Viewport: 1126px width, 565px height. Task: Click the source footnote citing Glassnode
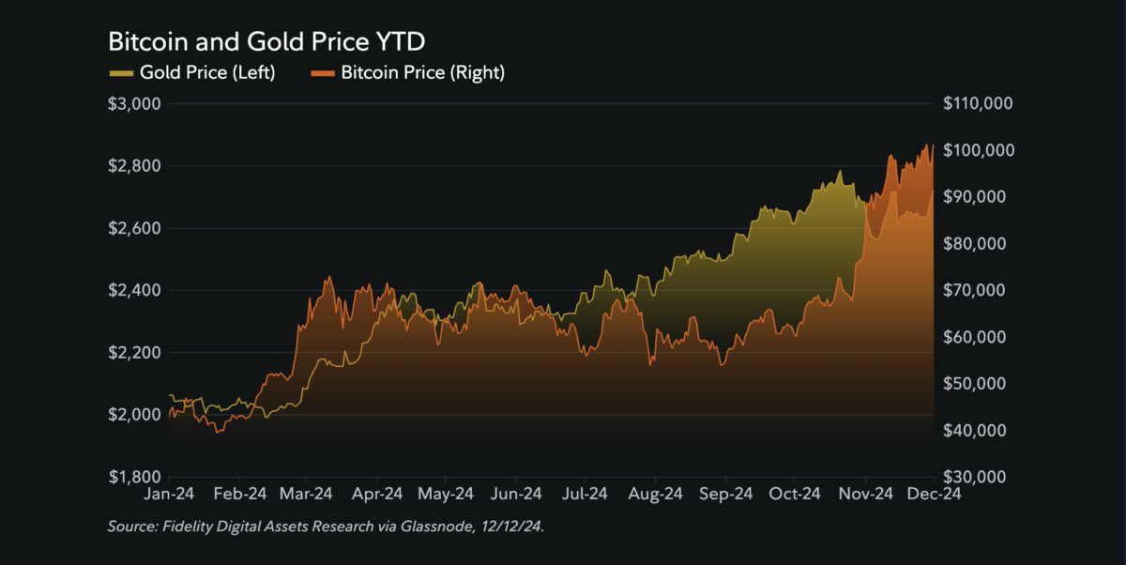tap(326, 528)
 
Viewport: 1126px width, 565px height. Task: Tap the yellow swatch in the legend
tap(121, 72)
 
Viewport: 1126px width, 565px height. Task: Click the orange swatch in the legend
tap(322, 72)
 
